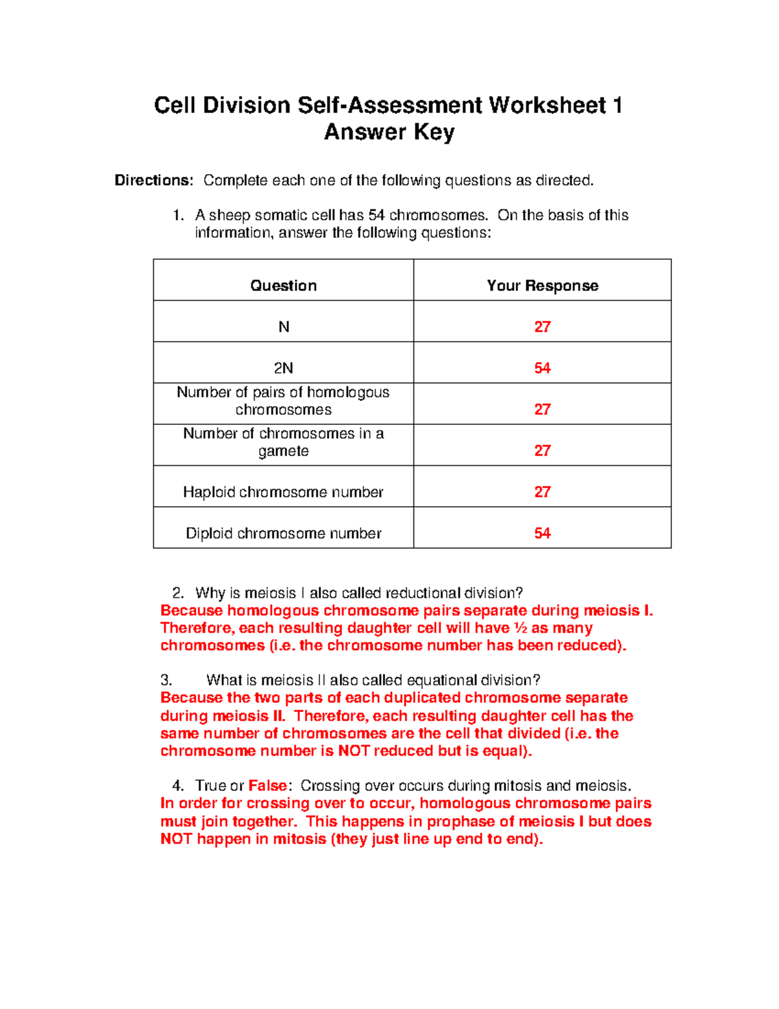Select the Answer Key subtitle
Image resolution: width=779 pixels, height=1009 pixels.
pyautogui.click(x=389, y=132)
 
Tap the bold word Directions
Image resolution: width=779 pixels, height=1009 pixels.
pyautogui.click(x=154, y=181)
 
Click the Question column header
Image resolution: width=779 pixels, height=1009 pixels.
pyautogui.click(x=283, y=286)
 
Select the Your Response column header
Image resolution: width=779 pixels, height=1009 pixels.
pyautogui.click(x=542, y=286)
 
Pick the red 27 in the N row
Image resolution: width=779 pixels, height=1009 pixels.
pyautogui.click(x=542, y=327)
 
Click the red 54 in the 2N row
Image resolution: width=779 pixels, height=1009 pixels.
pyautogui.click(x=542, y=368)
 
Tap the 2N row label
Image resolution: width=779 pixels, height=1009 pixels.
pyautogui.click(x=283, y=368)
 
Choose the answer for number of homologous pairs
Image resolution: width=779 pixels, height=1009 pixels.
pyautogui.click(x=542, y=409)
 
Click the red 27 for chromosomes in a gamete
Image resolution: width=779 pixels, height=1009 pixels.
pyautogui.click(x=542, y=451)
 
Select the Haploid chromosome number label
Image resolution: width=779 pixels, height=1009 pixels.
pyautogui.click(x=283, y=492)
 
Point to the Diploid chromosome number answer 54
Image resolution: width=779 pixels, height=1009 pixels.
pyautogui.click(x=542, y=533)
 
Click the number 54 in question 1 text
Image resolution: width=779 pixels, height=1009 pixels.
pyautogui.click(x=377, y=216)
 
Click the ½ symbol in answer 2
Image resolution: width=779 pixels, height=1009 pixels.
pyautogui.click(x=520, y=628)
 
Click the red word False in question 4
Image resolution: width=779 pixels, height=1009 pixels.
pyautogui.click(x=267, y=786)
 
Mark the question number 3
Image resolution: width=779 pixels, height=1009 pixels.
pyautogui.click(x=166, y=680)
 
